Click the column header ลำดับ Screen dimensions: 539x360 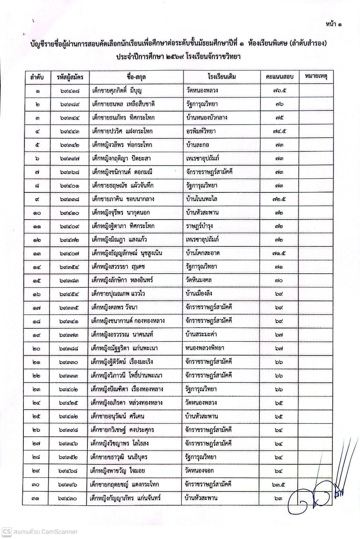click(37, 77)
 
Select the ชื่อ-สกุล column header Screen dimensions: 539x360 click(136, 77)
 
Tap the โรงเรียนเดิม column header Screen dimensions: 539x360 click(222, 77)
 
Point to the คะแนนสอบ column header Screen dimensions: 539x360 click(279, 77)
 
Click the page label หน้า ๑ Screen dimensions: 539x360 click(335, 24)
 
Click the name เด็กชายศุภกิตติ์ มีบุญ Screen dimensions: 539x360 click(117, 91)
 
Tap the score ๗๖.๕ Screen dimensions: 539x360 click(279, 91)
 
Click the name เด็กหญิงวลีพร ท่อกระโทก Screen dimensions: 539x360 click(122, 145)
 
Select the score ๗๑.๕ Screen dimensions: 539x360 click(279, 253)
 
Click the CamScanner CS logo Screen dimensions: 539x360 click(7, 531)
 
